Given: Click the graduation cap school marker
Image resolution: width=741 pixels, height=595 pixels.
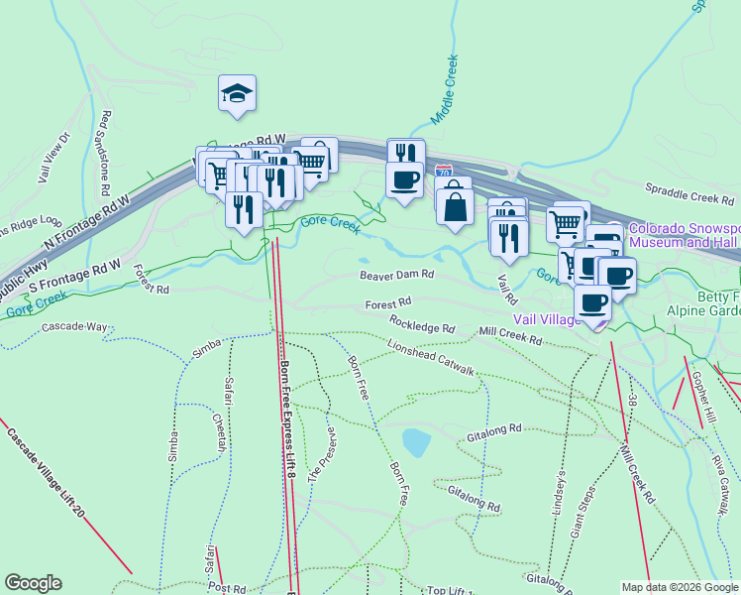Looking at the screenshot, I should [x=237, y=93].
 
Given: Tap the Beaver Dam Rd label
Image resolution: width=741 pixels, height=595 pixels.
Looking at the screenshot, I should [x=396, y=274].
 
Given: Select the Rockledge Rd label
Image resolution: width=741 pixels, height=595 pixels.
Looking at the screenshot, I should [x=422, y=322].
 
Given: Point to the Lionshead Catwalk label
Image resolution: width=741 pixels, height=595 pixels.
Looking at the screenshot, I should [x=431, y=358].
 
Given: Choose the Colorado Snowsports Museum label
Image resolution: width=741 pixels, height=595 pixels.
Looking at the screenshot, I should [x=684, y=234].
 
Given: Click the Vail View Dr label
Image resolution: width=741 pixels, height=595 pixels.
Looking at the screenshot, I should [x=55, y=159].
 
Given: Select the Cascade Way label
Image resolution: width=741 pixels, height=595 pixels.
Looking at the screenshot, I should [x=74, y=326].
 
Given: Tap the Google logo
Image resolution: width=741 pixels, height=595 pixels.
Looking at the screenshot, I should [x=33, y=583].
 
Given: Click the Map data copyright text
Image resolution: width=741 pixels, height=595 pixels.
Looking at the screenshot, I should [x=679, y=587].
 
